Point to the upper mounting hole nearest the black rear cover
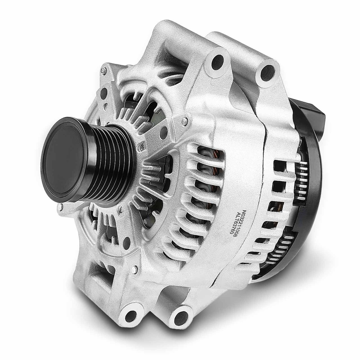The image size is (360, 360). tap(268, 73)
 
